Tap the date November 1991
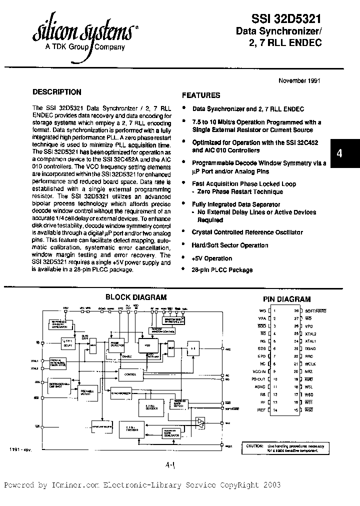pyautogui.click(x=299, y=80)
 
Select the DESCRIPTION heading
pyautogui.click(x=56, y=92)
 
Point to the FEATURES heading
pyautogui.click(x=201, y=95)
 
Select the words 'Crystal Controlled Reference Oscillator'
pyautogui.click(x=247, y=232)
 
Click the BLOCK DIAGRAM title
pyautogui.click(x=136, y=297)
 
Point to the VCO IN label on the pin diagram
pyautogui.click(x=259, y=371)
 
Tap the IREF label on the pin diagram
pyautogui.click(x=261, y=409)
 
